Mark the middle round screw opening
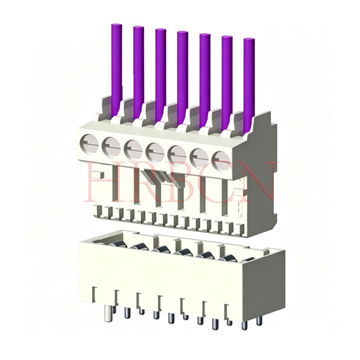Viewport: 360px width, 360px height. click(x=154, y=149)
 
